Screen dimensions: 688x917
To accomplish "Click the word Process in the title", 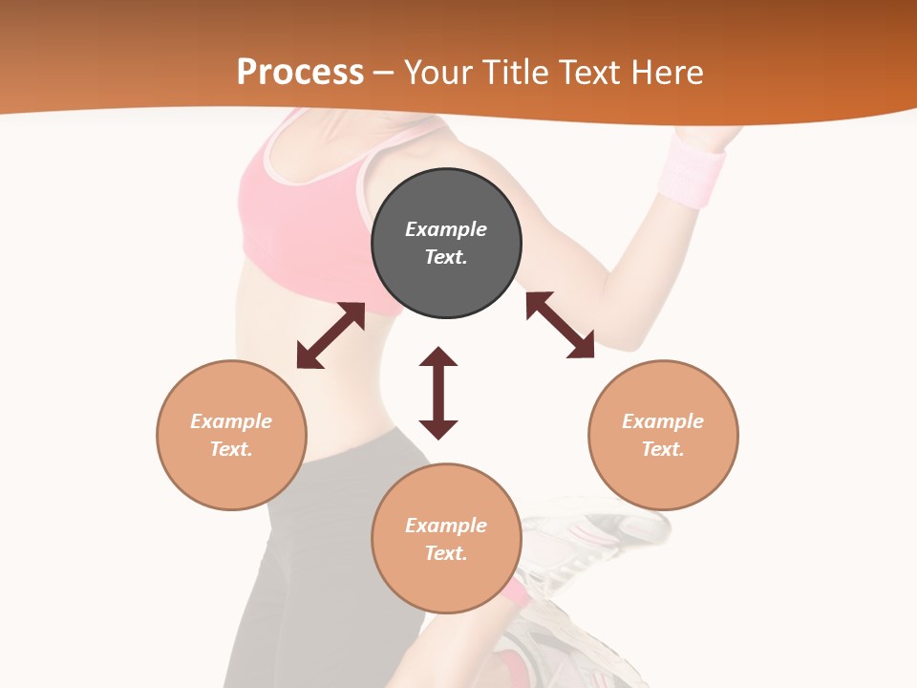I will click(x=300, y=73).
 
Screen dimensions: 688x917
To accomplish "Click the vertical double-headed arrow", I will click(x=438, y=393).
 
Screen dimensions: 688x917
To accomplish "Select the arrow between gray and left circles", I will click(x=331, y=335).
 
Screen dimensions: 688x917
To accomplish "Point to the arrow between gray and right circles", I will click(x=560, y=325).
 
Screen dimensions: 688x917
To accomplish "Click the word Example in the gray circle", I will click(x=446, y=229).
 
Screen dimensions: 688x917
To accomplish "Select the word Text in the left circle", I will click(x=231, y=449).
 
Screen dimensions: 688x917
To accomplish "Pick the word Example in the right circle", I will click(x=663, y=421).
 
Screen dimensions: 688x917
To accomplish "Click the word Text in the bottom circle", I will click(x=446, y=553).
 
